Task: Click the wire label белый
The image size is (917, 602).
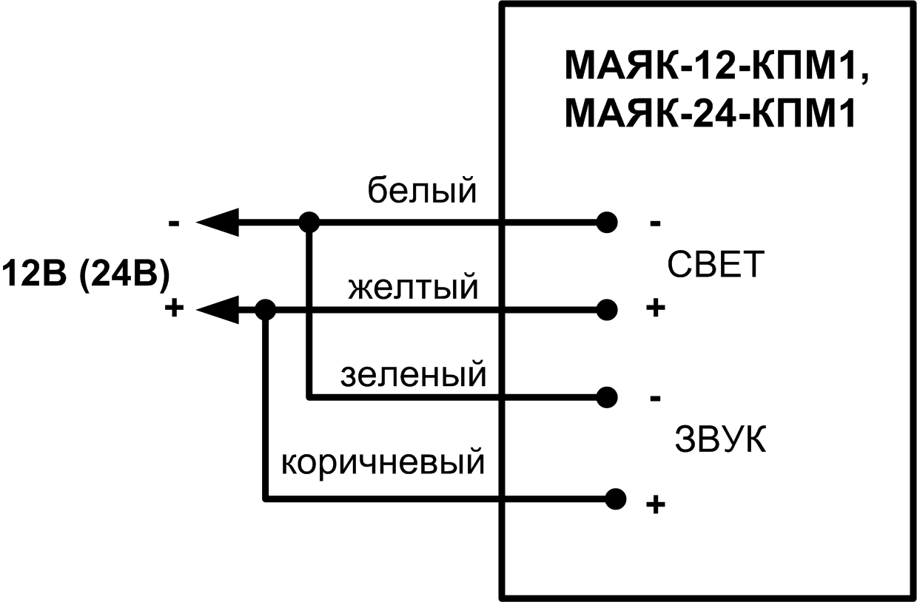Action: pos(423,193)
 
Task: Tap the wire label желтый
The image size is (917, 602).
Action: pos(413,287)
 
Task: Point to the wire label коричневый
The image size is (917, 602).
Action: pos(383,464)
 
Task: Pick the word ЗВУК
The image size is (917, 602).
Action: pos(719,440)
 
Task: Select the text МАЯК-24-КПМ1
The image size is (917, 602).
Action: pos(710,115)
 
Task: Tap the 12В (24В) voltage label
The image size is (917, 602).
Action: pos(85,274)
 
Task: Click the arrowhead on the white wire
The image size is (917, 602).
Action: pos(218,221)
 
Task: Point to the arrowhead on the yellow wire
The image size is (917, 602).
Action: pos(218,309)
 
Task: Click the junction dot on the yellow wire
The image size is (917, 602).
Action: pos(264,309)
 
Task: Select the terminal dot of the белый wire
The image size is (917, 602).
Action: pos(607,221)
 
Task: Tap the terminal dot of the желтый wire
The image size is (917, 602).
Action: pos(607,309)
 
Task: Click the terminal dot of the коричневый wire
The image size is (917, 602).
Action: pos(614,500)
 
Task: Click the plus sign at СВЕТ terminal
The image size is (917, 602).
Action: pos(654,308)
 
